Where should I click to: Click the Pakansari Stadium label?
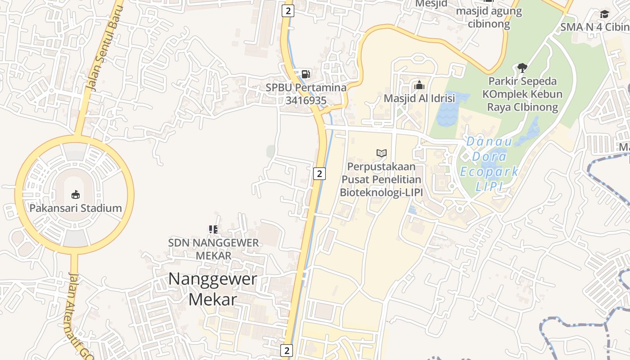(76, 208)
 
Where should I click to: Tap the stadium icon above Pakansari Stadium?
(76, 195)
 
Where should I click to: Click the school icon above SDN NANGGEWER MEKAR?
(213, 229)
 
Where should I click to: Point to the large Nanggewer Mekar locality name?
(212, 289)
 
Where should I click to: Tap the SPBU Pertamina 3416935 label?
(306, 94)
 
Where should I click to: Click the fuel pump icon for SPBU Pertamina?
(306, 74)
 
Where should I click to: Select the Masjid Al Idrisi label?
(419, 98)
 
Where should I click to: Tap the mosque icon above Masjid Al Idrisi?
(419, 85)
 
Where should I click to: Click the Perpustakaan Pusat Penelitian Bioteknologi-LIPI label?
(381, 180)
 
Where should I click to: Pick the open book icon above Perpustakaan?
(382, 153)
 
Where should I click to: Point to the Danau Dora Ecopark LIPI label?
(489, 164)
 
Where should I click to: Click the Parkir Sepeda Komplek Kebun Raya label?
(522, 94)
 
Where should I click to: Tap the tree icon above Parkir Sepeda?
(522, 68)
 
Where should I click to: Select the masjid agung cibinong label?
(489, 17)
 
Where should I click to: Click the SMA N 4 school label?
(594, 27)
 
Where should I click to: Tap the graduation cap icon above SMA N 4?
(604, 14)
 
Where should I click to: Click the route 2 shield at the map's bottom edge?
(287, 350)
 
